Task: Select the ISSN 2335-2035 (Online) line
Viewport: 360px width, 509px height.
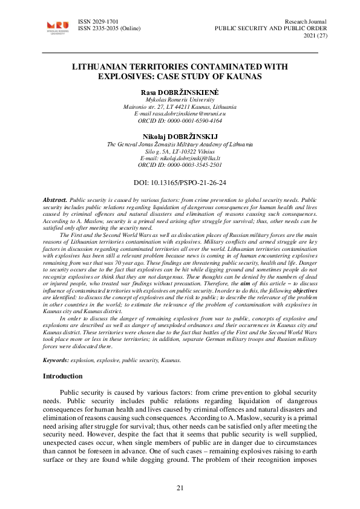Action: pyautogui.click(x=110, y=28)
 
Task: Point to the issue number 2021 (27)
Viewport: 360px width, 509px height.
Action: pyautogui.click(x=312, y=36)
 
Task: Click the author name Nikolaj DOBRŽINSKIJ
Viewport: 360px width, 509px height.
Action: pyautogui.click(x=180, y=137)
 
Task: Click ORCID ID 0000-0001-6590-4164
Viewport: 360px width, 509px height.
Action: pyautogui.click(x=180, y=120)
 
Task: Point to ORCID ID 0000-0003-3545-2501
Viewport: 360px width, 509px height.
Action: pyautogui.click(x=180, y=164)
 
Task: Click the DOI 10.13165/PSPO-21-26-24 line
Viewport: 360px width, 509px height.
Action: pyautogui.click(x=180, y=182)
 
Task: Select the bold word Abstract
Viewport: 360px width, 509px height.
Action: pyautogui.click(x=55, y=199)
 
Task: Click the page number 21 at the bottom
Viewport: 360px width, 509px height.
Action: pyautogui.click(x=180, y=487)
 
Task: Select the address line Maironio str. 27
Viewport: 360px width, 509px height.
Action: pyautogui.click(x=180, y=106)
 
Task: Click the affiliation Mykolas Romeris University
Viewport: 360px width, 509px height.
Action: pyautogui.click(x=180, y=99)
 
